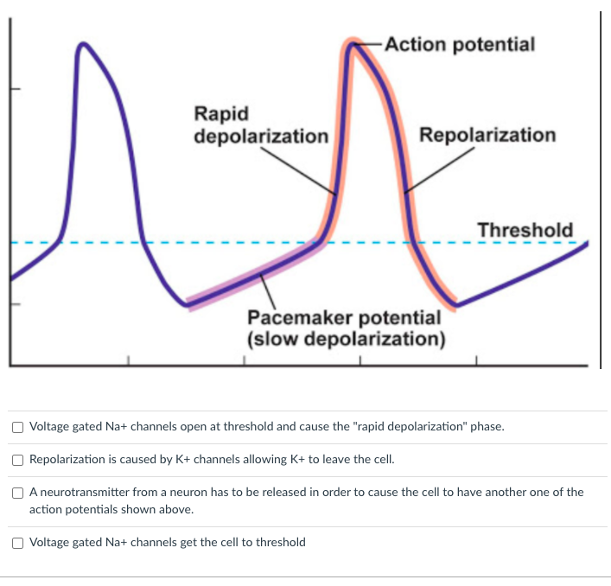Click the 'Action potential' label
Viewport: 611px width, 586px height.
pos(460,43)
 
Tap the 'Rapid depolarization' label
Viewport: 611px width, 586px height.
pos(260,125)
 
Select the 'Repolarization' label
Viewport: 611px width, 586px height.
pos(487,135)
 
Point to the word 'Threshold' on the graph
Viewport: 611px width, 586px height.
pos(525,230)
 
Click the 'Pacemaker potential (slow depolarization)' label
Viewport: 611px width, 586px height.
pos(346,328)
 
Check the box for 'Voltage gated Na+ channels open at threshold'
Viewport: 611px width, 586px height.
pos(18,427)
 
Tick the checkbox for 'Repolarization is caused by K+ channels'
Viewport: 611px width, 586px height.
pos(18,460)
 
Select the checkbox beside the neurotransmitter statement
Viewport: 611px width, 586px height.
pos(18,493)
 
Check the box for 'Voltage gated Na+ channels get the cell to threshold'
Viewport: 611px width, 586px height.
pos(18,543)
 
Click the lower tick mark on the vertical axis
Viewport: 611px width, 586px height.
pos(16,304)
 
